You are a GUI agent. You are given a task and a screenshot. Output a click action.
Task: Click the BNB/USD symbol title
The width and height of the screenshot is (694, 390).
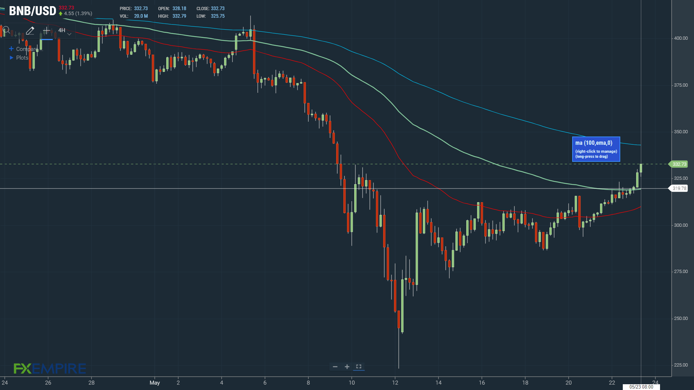click(x=33, y=11)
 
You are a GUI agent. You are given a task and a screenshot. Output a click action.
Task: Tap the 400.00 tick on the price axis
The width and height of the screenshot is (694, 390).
click(x=681, y=38)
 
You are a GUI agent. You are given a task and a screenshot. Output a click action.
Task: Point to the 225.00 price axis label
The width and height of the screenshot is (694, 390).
click(x=681, y=365)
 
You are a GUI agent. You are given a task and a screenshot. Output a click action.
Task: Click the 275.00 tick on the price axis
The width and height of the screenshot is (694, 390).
click(x=681, y=272)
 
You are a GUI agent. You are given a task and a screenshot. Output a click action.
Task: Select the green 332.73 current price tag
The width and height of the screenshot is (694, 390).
click(x=678, y=164)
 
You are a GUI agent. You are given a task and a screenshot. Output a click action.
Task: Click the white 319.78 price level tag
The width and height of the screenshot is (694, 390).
click(x=678, y=188)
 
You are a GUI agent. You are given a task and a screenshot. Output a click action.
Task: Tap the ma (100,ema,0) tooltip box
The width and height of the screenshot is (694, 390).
click(x=596, y=149)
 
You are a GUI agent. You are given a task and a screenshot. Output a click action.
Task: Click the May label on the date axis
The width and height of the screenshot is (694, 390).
click(x=155, y=383)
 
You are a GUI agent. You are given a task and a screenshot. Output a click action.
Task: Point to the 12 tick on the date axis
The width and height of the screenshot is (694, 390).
click(x=395, y=383)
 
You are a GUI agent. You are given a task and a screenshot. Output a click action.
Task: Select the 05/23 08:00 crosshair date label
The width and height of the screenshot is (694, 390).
click(x=641, y=387)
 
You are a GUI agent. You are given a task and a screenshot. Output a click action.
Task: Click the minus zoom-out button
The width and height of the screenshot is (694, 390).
click(x=335, y=367)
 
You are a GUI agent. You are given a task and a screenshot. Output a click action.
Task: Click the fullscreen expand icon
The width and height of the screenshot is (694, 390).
click(x=359, y=367)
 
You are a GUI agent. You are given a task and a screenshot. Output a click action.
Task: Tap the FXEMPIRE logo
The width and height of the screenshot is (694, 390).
click(x=50, y=369)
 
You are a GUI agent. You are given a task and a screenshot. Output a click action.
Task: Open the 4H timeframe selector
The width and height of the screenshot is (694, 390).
click(x=64, y=31)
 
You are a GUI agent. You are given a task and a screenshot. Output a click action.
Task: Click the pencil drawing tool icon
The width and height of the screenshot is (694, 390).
click(x=30, y=31)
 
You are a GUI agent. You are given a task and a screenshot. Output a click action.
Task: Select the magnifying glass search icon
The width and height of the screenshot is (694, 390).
click(x=6, y=31)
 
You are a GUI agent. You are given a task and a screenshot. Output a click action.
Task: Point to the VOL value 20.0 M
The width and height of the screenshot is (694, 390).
click(x=141, y=16)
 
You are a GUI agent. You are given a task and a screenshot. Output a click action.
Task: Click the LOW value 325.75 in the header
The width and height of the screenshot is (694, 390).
click(x=218, y=16)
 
